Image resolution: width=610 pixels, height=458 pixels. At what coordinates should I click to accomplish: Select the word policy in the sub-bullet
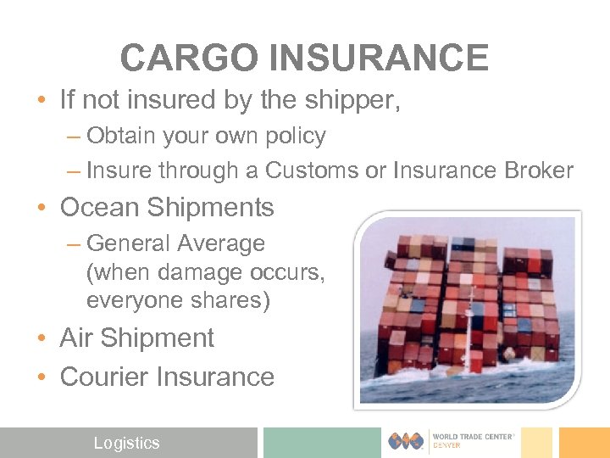pos(297,136)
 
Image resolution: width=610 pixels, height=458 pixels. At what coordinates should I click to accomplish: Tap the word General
pos(131,243)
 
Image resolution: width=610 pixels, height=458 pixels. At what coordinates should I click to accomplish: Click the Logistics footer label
pos(126,443)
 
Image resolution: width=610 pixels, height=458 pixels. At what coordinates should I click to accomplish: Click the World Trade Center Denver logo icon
pos(406,441)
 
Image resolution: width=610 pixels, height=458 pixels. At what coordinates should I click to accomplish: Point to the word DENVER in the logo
pos(446,445)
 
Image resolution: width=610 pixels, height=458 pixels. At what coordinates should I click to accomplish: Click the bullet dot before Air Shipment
pos(42,338)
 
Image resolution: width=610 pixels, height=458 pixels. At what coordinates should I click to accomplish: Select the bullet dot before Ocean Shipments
pos(42,209)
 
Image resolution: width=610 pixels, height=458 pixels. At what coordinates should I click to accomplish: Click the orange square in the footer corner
pos(584,442)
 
